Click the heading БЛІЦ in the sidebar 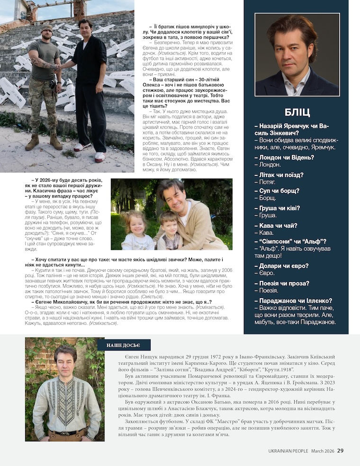[297, 112]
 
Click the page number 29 [340, 450]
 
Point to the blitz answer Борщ [268, 198]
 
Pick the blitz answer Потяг [268, 181]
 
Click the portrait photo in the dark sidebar [297, 54]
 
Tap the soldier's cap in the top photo [46, 28]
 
